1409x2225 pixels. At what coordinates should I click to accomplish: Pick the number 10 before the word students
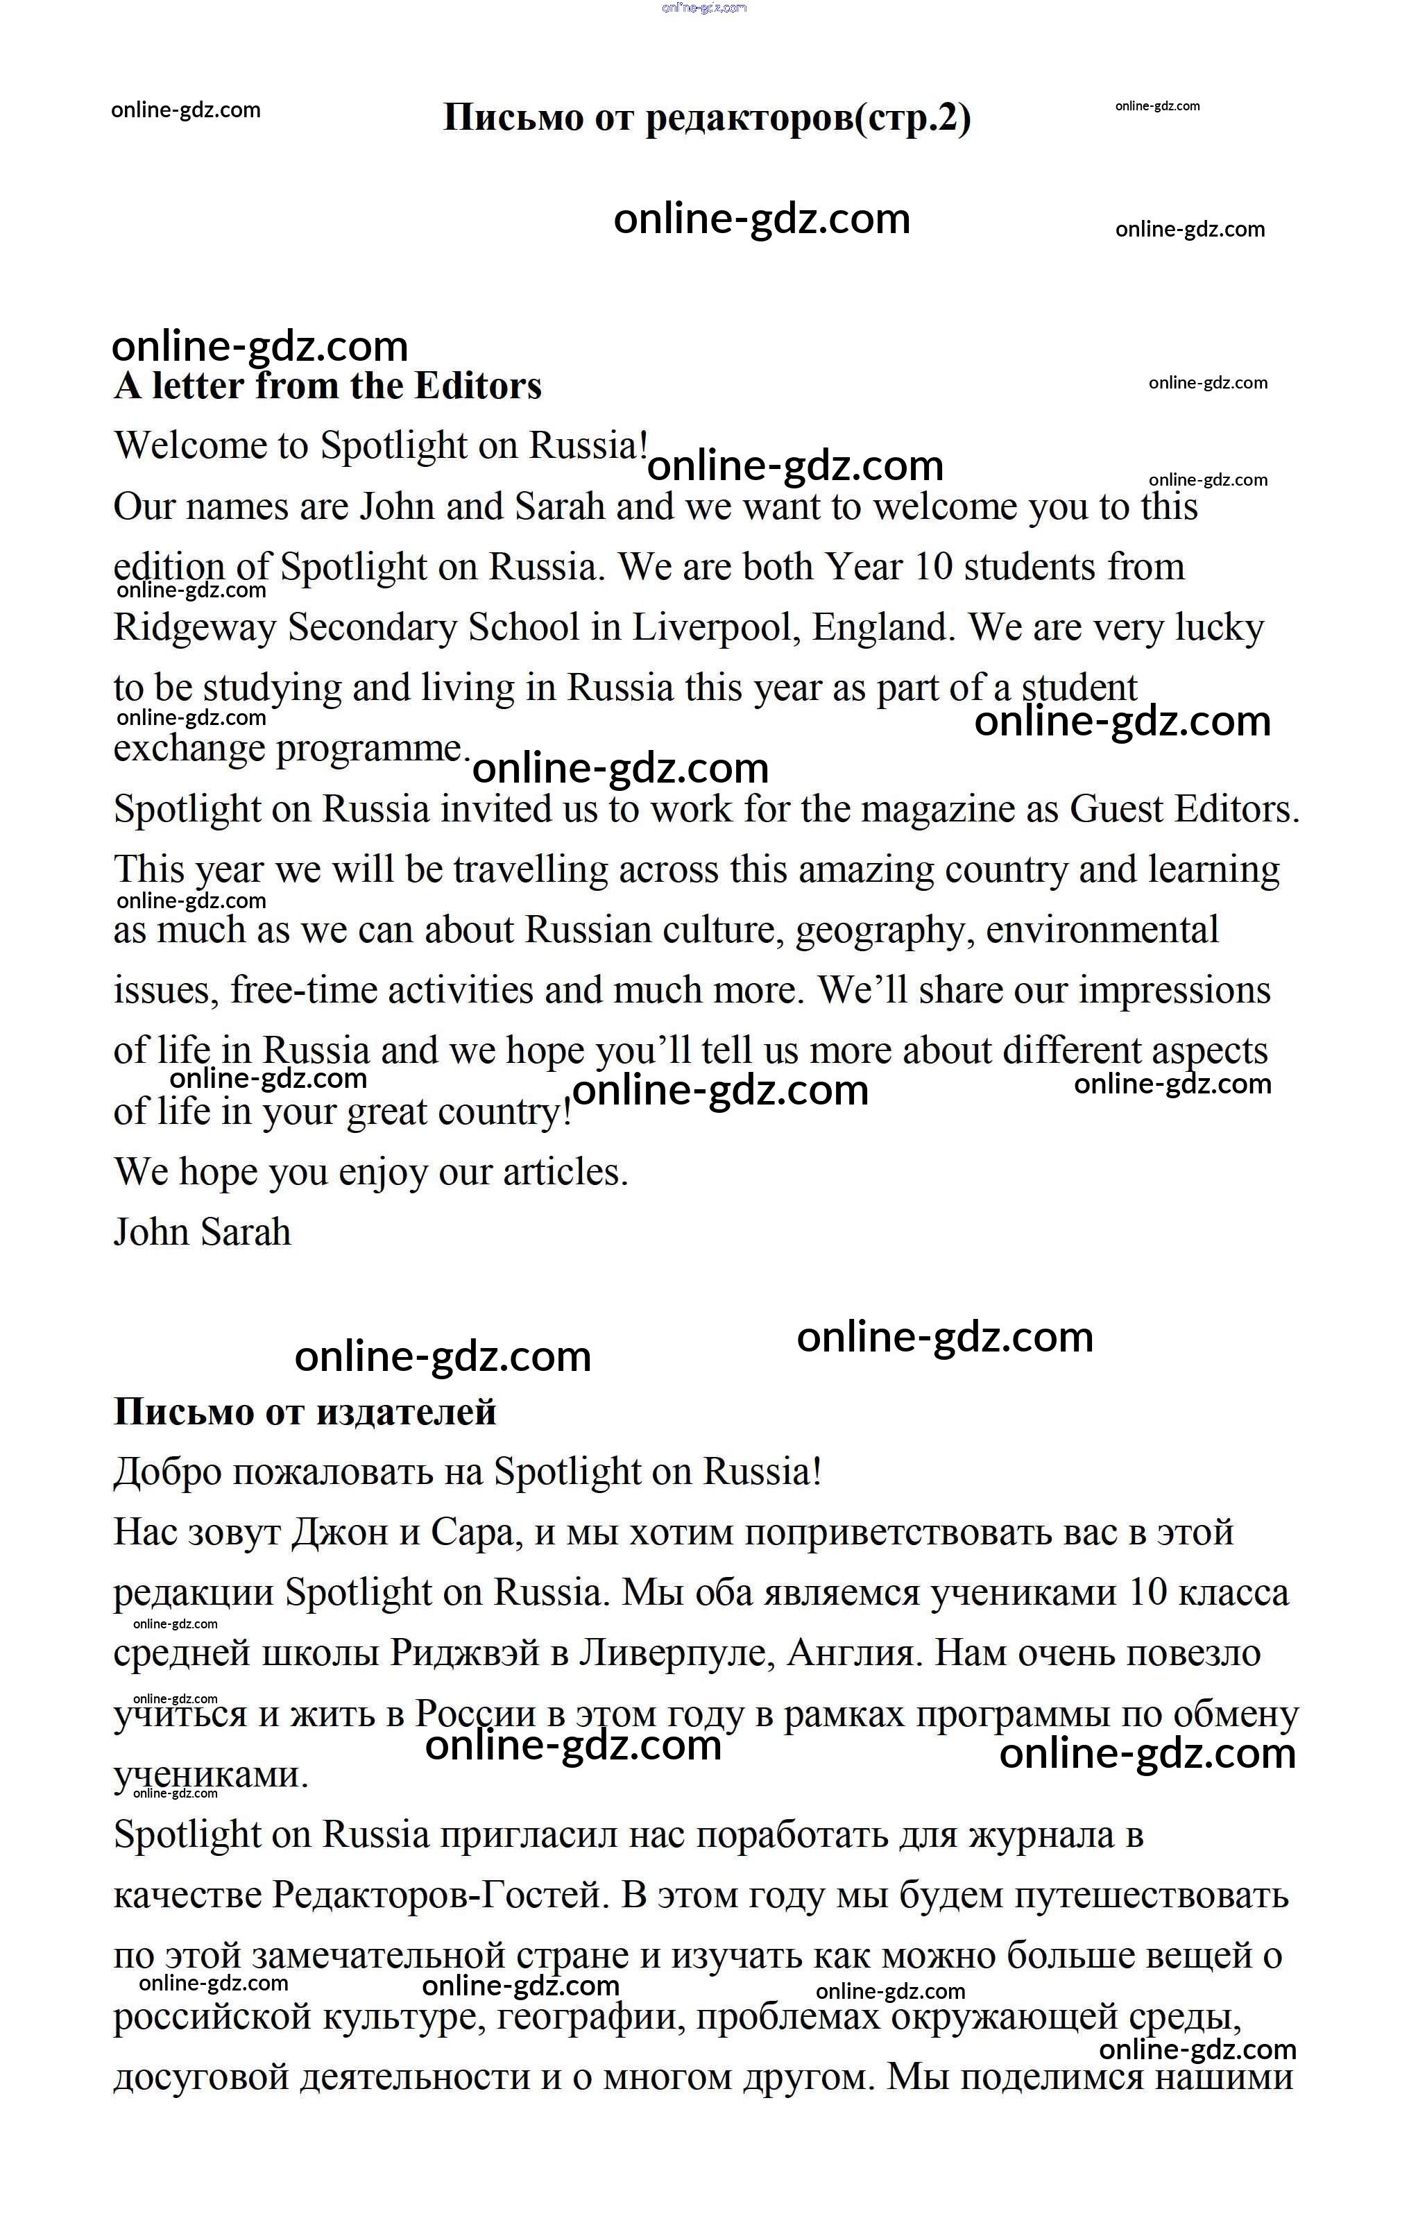pos(933,566)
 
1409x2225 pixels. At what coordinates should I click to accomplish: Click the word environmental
pos(1102,930)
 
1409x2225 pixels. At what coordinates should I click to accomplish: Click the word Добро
pos(167,1472)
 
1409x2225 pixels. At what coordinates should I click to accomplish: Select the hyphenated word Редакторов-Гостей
pos(441,1896)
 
